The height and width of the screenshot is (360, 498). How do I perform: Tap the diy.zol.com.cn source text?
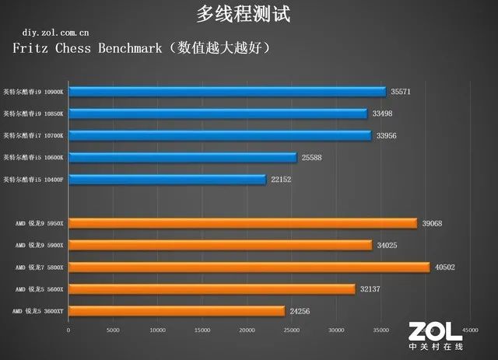[x=54, y=33]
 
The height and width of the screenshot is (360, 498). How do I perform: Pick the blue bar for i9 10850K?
[x=218, y=114]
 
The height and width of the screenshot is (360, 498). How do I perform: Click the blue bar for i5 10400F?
[x=167, y=180]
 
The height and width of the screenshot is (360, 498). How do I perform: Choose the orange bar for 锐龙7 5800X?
[x=249, y=267]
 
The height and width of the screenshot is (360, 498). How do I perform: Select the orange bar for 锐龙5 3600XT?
[x=177, y=311]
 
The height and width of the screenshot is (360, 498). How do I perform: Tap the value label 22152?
[x=282, y=180]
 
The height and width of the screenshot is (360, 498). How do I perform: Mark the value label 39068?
[x=433, y=224]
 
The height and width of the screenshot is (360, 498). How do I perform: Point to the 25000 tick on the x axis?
[x=292, y=330]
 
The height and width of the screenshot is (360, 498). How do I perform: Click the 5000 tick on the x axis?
[x=113, y=330]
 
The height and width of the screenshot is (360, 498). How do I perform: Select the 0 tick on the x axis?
[x=68, y=330]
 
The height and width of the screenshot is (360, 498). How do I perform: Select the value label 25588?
[x=313, y=158]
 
